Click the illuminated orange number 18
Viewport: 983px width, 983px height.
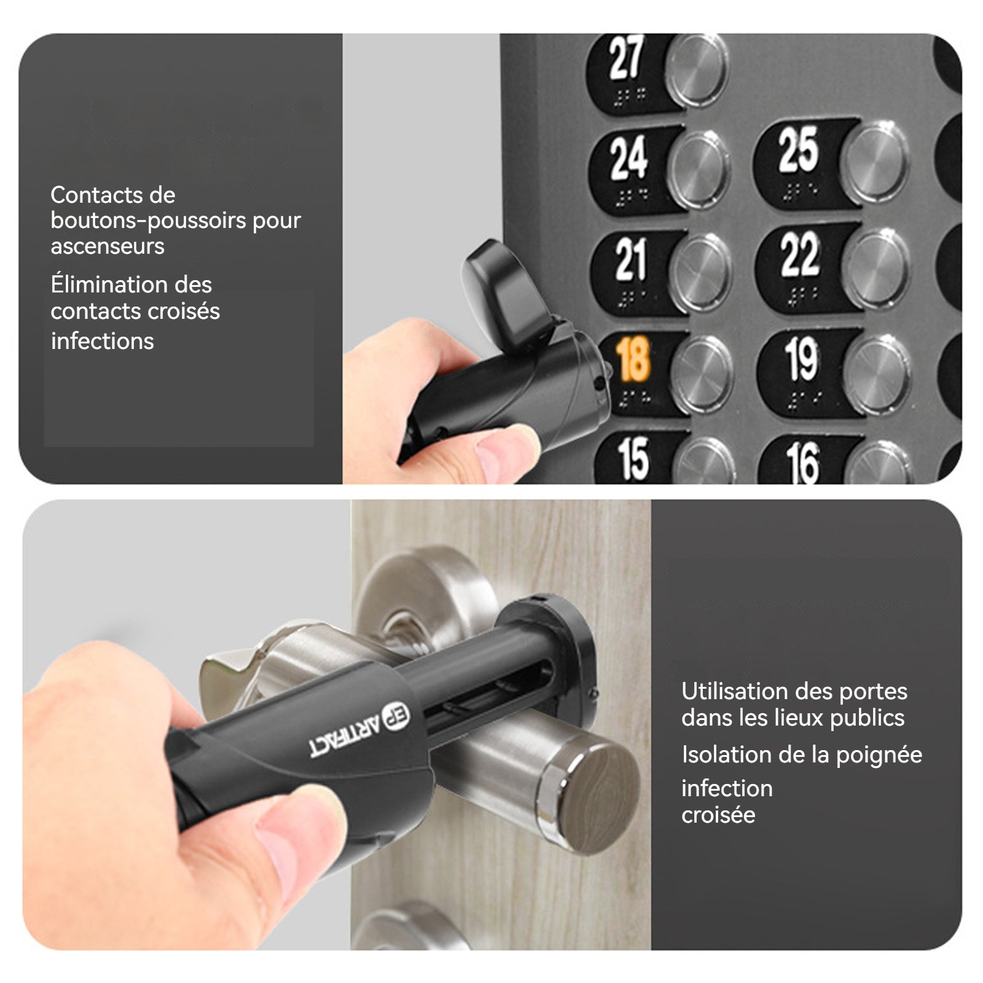(x=632, y=360)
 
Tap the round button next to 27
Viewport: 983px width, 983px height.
(x=697, y=69)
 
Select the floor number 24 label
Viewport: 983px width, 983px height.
(x=629, y=158)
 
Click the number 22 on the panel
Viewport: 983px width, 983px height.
(x=800, y=254)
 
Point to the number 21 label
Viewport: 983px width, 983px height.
(x=631, y=259)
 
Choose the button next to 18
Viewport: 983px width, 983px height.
(x=702, y=374)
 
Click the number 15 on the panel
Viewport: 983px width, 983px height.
(x=633, y=458)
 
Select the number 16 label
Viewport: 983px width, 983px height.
(x=802, y=463)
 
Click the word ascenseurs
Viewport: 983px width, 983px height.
(x=108, y=246)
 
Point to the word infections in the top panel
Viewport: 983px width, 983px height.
(x=102, y=341)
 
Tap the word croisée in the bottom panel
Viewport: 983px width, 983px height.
(x=718, y=815)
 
